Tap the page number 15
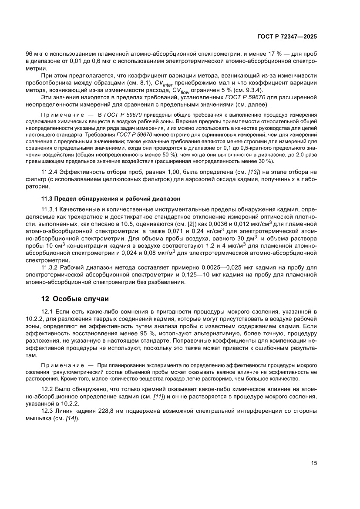coord(314,463)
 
